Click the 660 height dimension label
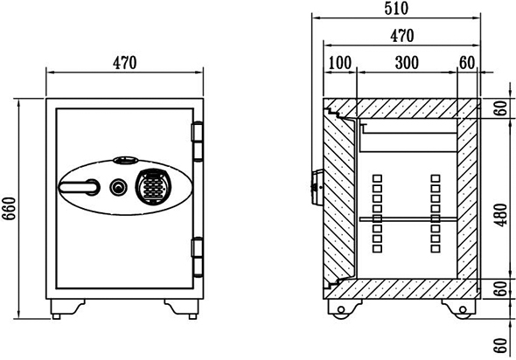9,209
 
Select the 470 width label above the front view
124,63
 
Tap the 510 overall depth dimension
396,8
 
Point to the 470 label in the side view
401,36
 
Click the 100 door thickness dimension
340,63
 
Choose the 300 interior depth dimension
407,63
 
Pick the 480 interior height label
501,215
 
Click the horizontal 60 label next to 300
467,63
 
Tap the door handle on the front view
79,187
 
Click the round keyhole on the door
118,187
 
